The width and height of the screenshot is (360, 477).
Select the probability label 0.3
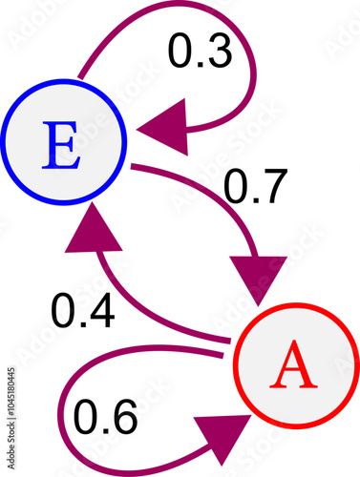(x=201, y=52)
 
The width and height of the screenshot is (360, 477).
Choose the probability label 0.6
(x=107, y=416)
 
